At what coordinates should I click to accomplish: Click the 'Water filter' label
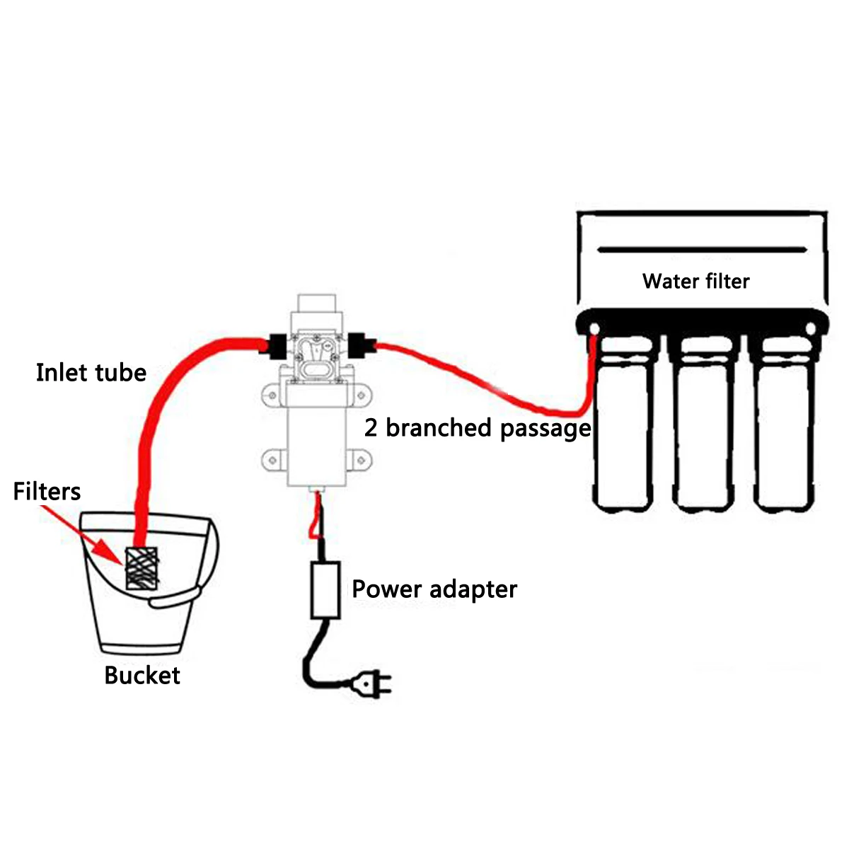tap(695, 282)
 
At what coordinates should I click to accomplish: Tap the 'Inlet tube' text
tap(91, 373)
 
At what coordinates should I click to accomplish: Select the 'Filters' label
tap(47, 492)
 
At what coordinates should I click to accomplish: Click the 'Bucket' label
tap(141, 676)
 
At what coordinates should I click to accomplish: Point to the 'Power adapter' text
tap(434, 589)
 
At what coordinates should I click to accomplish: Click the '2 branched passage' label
tap(478, 428)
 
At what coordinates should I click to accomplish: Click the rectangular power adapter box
tap(325, 590)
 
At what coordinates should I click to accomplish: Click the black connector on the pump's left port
tap(276, 347)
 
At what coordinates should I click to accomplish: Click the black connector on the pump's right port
tap(361, 347)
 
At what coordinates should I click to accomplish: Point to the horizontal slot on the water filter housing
tap(701, 250)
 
